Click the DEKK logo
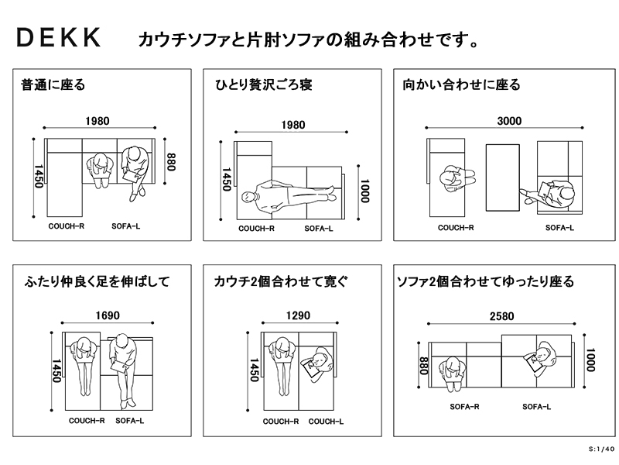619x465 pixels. (x=59, y=40)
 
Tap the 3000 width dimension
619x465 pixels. (x=509, y=121)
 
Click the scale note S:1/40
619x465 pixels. (x=600, y=449)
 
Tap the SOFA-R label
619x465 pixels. (x=464, y=407)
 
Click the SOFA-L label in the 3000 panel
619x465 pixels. (x=559, y=228)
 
